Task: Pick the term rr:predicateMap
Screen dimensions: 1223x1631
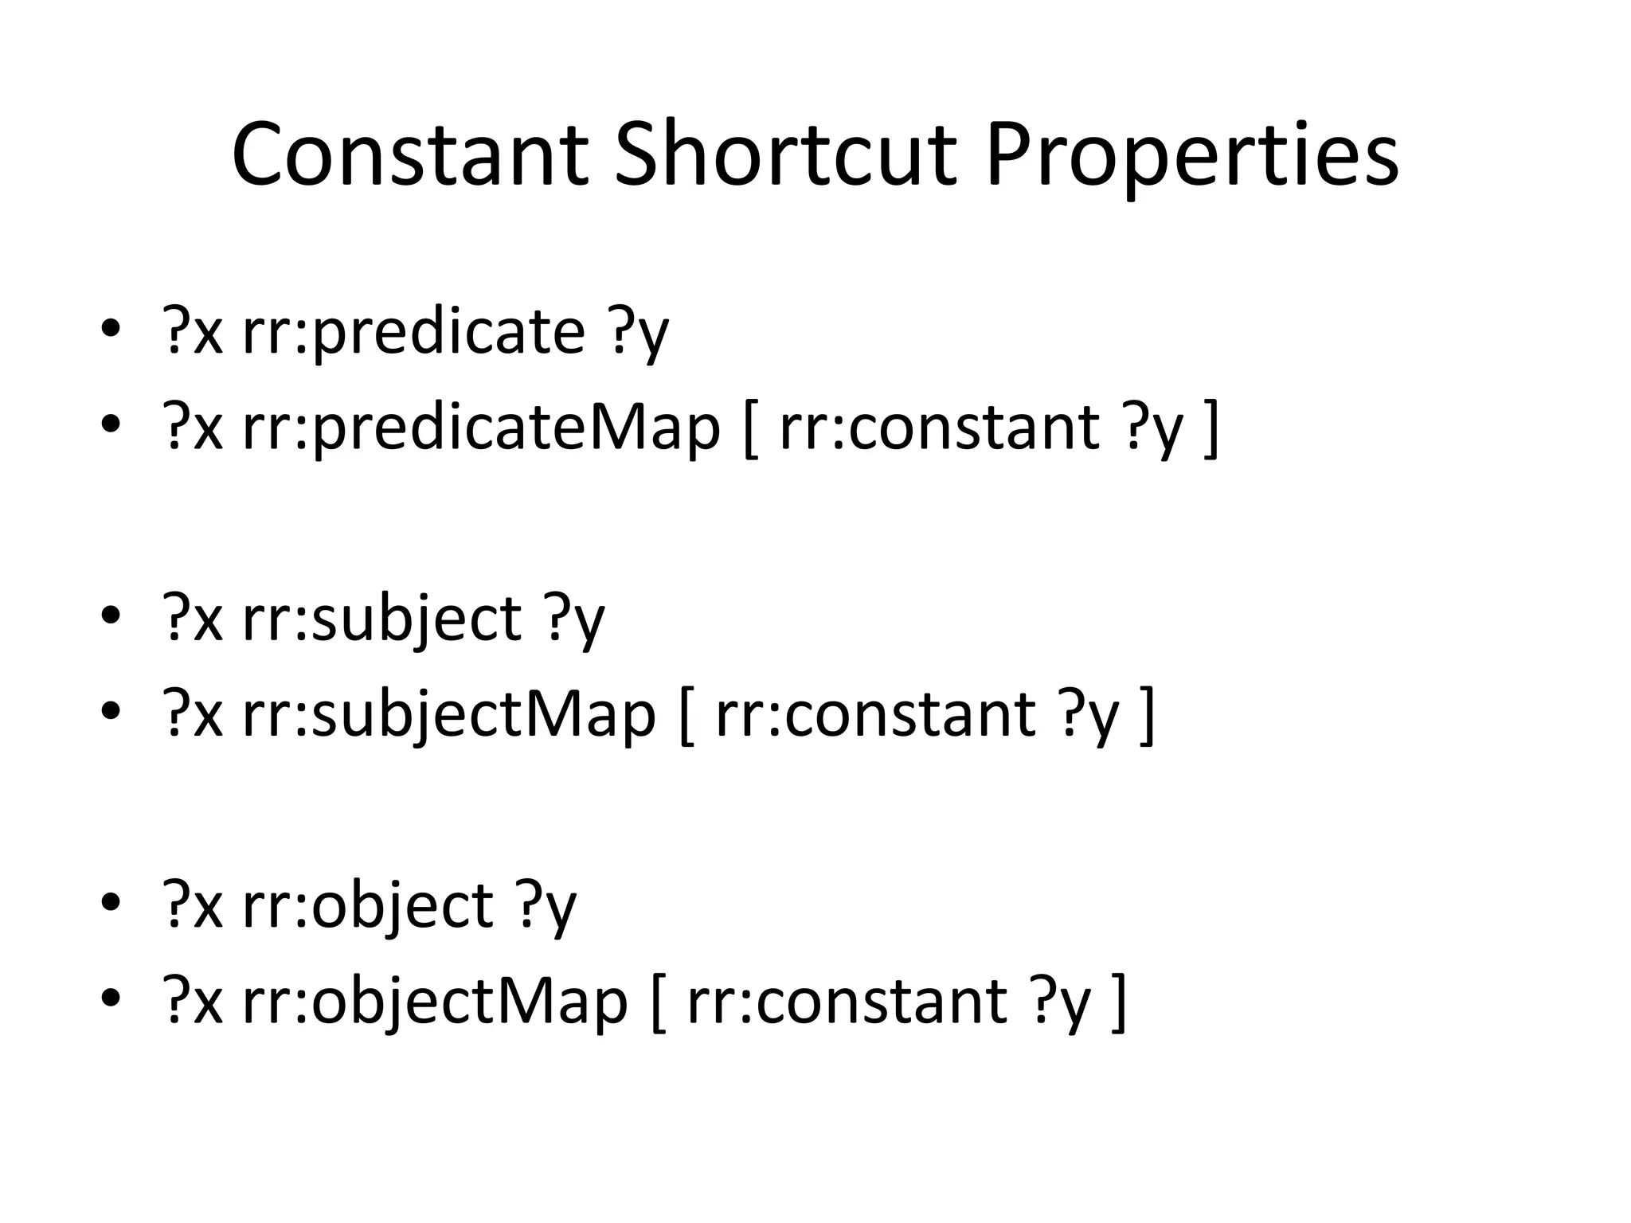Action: pyautogui.click(x=481, y=428)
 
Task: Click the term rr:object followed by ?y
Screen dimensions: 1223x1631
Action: pyautogui.click(x=368, y=905)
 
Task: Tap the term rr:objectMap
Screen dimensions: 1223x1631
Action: pyautogui.click(x=435, y=1001)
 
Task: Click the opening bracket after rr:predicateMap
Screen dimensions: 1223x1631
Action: pyautogui.click(x=749, y=430)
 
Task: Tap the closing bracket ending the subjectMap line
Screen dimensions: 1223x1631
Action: pyautogui.click(x=1147, y=717)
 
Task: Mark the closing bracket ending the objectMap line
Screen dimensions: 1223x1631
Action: pyautogui.click(x=1118, y=1003)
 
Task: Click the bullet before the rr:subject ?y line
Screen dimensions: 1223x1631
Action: pyautogui.click(x=111, y=616)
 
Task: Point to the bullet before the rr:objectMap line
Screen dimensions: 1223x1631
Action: pyautogui.click(x=111, y=998)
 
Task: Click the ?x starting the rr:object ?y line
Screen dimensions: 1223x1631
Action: pyautogui.click(x=192, y=905)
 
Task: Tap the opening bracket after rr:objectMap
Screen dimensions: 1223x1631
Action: pyautogui.click(x=658, y=1003)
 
